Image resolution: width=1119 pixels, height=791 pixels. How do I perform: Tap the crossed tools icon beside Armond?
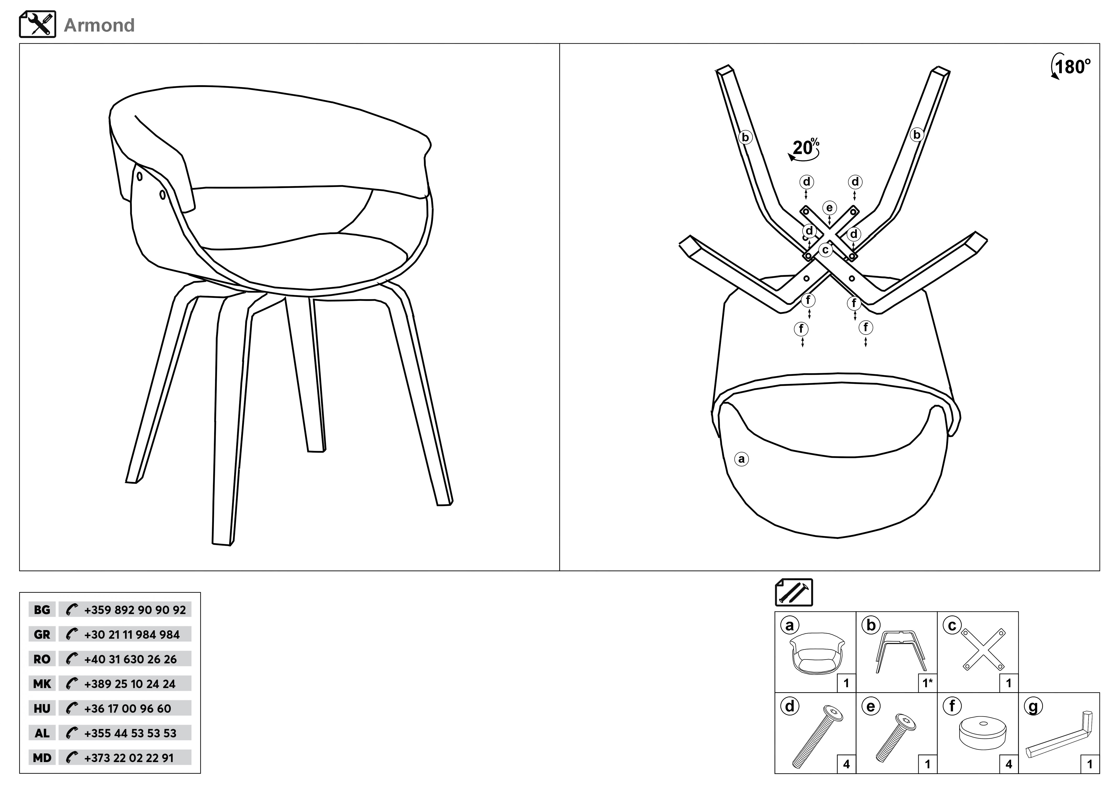coord(38,24)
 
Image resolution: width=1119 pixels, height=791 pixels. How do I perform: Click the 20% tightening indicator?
coord(804,149)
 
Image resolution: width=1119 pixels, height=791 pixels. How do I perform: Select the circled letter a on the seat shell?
coord(741,459)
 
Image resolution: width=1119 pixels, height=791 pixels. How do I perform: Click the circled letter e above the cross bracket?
coord(830,208)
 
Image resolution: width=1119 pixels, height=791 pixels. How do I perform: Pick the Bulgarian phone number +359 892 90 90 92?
coord(135,610)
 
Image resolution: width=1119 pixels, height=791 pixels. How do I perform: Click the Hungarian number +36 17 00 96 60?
coord(128,709)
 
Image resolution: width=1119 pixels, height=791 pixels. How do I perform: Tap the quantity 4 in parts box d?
coord(846,764)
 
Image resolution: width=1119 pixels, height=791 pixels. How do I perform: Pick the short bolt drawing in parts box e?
coord(895,738)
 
